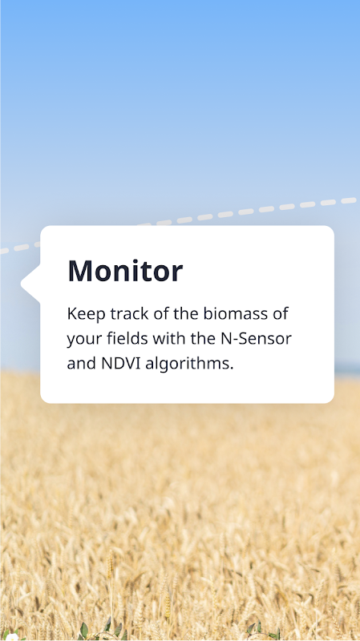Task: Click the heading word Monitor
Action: (125, 271)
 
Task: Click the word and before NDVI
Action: (82, 363)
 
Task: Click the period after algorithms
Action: (232, 369)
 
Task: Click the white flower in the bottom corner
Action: (12, 637)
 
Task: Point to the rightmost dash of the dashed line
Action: (349, 200)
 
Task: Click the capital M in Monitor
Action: (79, 271)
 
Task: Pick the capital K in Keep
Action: (72, 314)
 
